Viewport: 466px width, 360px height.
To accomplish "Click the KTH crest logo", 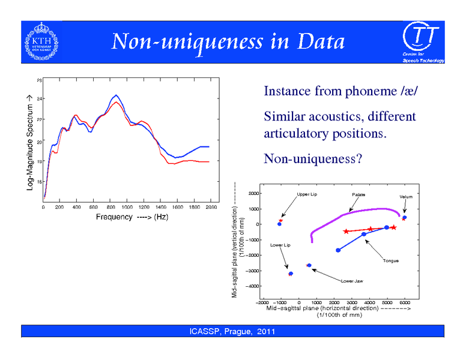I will (x=41, y=41).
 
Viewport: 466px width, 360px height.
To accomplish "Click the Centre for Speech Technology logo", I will (x=422, y=42).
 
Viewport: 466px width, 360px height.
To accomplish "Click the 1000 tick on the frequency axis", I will (x=127, y=207).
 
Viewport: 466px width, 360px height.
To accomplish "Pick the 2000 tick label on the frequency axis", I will (x=211, y=207).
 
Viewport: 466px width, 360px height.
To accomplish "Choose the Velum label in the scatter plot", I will (x=405, y=197).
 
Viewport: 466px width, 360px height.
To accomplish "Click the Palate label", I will (x=359, y=195).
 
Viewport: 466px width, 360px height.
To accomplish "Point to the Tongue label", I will (x=391, y=260).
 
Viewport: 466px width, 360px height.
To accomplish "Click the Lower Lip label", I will (x=280, y=245).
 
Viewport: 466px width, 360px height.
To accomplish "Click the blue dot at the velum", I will (x=405, y=217).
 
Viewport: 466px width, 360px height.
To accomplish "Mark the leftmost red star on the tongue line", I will (x=346, y=232).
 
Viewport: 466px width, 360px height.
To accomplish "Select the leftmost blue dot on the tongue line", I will (x=338, y=250).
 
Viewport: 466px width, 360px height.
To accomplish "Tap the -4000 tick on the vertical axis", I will (x=254, y=286).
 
